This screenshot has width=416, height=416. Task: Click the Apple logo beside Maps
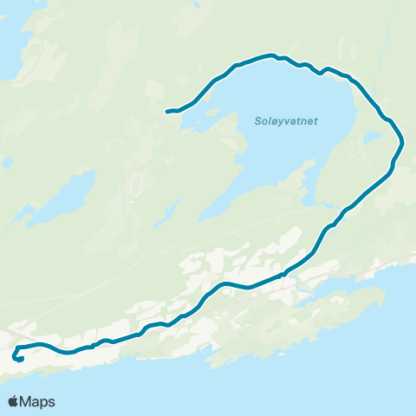click(13, 401)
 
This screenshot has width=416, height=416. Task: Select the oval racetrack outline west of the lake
click(135, 184)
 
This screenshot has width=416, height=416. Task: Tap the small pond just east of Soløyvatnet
click(373, 137)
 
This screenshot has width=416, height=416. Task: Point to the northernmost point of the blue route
click(271, 55)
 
